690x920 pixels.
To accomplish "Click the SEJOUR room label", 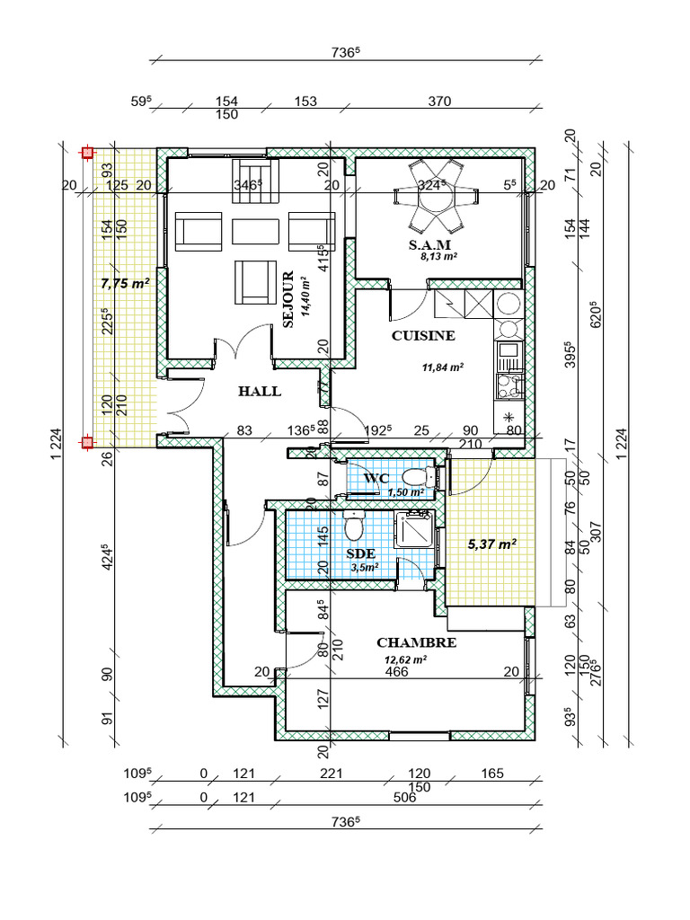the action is click(288, 299).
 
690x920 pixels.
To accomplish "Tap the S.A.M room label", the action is click(429, 244).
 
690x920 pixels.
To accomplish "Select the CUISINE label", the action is click(423, 336).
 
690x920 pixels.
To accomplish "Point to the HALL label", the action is click(260, 392).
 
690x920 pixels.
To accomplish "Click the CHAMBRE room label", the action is click(417, 642).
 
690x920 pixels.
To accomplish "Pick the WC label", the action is click(376, 478).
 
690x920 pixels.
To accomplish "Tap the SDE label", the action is click(361, 553).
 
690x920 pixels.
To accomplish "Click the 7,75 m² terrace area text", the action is click(125, 283).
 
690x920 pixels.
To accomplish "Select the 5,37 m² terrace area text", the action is click(491, 544).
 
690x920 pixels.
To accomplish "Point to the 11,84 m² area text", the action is click(443, 367).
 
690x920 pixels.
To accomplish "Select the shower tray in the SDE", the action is click(414, 529).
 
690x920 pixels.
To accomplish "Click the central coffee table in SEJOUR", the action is click(255, 231).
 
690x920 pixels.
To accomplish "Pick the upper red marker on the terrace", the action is click(87, 153).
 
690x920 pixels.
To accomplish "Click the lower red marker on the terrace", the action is click(87, 442).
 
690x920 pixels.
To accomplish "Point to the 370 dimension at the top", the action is click(439, 101).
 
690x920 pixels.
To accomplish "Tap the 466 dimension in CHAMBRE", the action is click(396, 672).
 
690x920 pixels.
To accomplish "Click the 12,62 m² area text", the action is click(405, 659).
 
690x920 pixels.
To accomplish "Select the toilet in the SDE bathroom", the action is click(354, 526).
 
